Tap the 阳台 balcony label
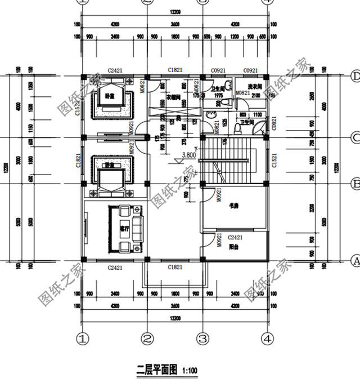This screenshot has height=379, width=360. (x=233, y=246)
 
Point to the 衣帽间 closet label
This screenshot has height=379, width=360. (x=173, y=97)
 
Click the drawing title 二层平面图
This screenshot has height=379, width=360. (x=157, y=369)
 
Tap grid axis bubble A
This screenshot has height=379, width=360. (x=355, y=261)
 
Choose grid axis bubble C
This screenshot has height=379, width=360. (x=355, y=137)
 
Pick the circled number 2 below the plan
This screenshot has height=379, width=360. (x=147, y=339)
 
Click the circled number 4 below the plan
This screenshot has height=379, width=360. (x=268, y=339)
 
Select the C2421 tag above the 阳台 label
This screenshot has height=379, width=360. (x=235, y=238)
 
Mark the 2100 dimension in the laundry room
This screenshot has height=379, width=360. (x=255, y=96)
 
